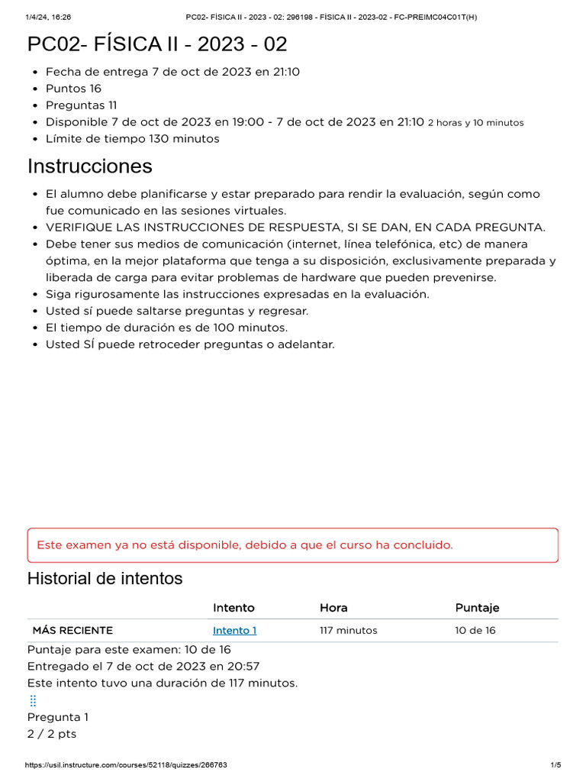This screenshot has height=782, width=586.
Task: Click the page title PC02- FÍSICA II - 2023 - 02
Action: pos(157,44)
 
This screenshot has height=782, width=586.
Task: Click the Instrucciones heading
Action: pos(90,166)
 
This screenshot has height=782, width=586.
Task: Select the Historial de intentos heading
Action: pos(105,578)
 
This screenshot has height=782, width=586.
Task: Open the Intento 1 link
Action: pos(234,630)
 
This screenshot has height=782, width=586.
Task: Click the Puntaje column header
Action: pos(477,607)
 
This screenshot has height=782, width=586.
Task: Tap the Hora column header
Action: pos(333,607)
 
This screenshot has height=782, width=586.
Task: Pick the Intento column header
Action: pos(233,607)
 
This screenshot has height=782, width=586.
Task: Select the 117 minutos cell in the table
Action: pos(348,630)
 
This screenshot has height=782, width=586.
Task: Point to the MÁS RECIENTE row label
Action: pos(72,630)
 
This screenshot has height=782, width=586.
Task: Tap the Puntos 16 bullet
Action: pos(73,89)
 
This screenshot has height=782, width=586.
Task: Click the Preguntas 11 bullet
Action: pos(81,105)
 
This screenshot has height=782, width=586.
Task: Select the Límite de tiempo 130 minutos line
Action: pos(132,139)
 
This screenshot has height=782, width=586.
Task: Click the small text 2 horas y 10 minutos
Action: pos(475,123)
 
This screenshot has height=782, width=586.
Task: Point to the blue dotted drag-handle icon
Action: pos(33,700)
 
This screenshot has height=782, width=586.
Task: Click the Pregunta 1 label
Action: pos(58,717)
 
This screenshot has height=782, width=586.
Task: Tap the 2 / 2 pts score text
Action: pos(52,734)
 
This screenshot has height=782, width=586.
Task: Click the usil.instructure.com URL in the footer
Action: pos(126,765)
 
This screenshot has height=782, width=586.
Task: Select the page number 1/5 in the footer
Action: pos(555,765)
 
